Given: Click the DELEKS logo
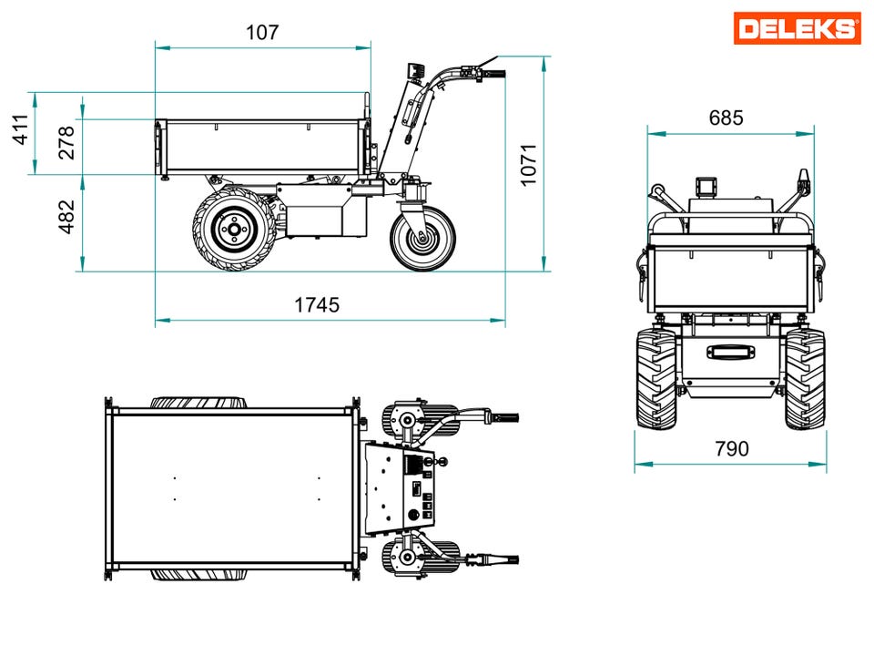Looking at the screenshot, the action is click(x=798, y=28).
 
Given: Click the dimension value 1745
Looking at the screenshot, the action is click(x=317, y=305).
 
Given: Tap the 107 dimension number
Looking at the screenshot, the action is click(x=262, y=33).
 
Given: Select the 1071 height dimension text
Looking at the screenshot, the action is click(x=528, y=165).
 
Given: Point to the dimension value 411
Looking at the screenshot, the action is click(x=21, y=129).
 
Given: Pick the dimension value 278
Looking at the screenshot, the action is click(x=66, y=143).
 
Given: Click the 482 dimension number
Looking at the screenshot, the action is click(x=66, y=217).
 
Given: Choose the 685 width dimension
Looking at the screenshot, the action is click(x=726, y=118).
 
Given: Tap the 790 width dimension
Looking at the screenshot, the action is click(x=732, y=448).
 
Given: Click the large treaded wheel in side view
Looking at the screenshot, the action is click(x=235, y=230).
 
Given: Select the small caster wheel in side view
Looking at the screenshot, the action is click(x=423, y=239).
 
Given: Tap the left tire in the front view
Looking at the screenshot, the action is click(x=657, y=379).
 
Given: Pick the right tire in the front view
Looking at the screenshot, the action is click(x=805, y=379).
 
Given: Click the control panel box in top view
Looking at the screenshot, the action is click(x=401, y=487).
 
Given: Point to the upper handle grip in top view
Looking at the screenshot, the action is click(x=505, y=417).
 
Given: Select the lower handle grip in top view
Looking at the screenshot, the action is click(x=505, y=559).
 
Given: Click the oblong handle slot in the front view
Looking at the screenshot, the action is click(x=731, y=352).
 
